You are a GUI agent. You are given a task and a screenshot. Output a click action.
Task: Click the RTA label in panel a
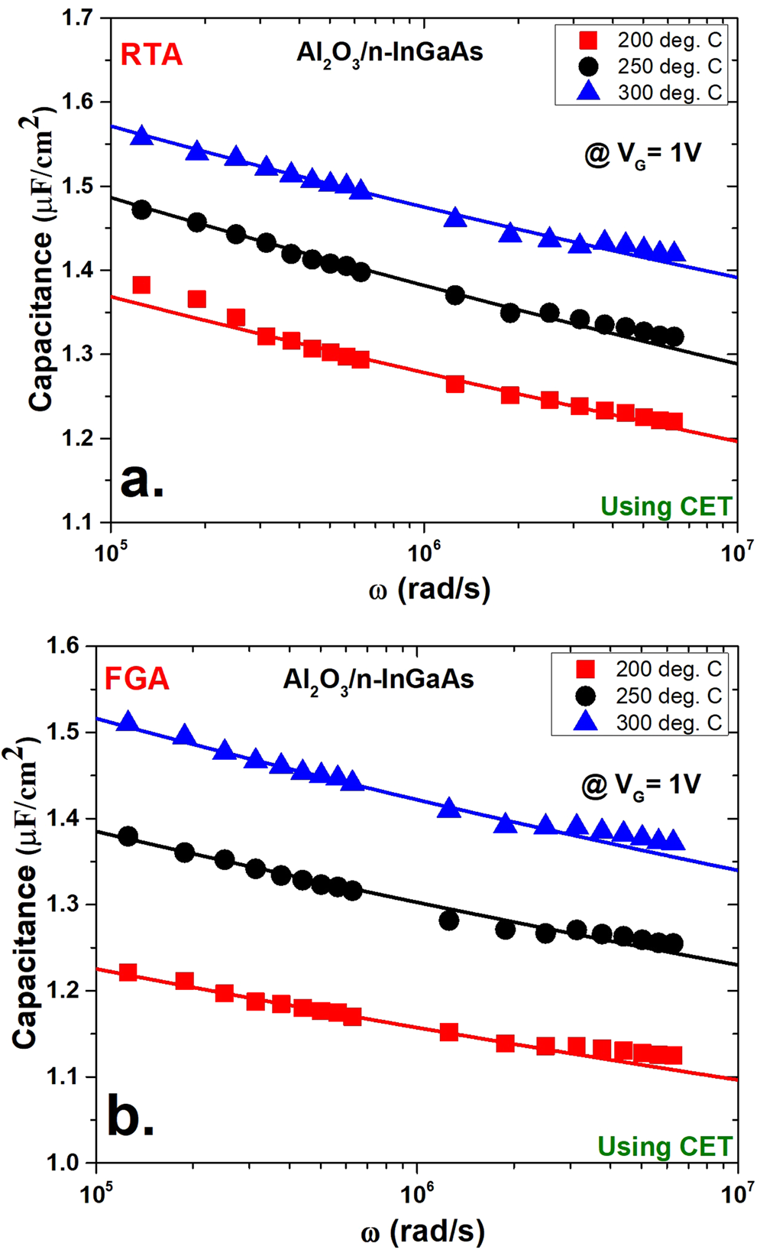pyautogui.click(x=151, y=55)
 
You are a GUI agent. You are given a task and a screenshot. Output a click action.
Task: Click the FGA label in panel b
pyautogui.click(x=137, y=679)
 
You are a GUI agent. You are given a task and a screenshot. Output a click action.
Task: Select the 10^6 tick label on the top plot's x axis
pyautogui.click(x=424, y=552)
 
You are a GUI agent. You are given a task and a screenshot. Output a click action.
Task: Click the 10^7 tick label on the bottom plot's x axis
pyautogui.click(x=736, y=1193)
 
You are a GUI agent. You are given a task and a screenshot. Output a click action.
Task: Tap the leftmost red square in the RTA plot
pyautogui.click(x=141, y=285)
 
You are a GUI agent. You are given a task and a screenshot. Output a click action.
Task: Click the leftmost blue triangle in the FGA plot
pyautogui.click(x=128, y=722)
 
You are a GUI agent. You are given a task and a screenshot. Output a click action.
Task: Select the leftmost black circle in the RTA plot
pyautogui.click(x=141, y=209)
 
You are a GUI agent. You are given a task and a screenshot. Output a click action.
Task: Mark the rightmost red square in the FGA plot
pyautogui.click(x=673, y=1056)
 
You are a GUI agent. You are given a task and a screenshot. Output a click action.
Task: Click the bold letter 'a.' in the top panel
pyautogui.click(x=142, y=482)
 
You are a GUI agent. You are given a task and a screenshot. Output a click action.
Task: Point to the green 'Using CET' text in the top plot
pyautogui.click(x=666, y=506)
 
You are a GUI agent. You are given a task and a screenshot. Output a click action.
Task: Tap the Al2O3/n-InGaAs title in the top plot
pyautogui.click(x=390, y=53)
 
